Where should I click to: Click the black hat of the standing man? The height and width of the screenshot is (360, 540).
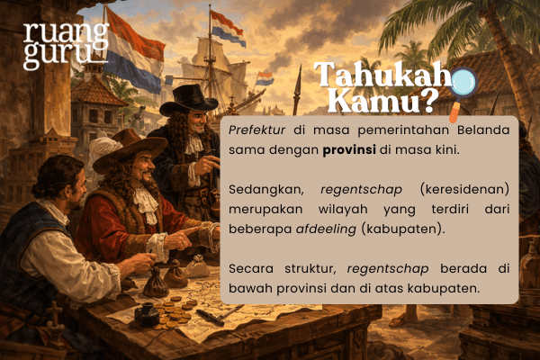[191, 96]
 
